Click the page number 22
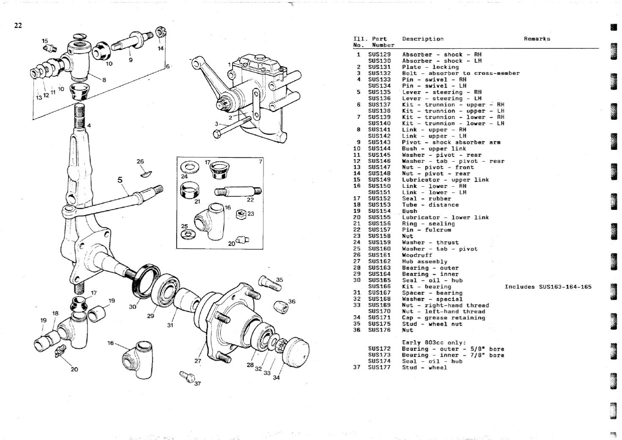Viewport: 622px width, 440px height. [18, 26]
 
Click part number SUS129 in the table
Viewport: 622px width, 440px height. [379, 55]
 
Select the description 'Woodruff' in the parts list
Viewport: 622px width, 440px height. [417, 255]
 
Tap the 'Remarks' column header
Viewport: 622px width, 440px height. [537, 39]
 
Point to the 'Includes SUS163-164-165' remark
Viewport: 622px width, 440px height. [548, 287]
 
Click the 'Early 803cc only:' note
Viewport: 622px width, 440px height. [434, 343]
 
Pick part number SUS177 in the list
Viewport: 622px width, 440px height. [379, 367]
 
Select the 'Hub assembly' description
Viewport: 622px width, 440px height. [425, 261]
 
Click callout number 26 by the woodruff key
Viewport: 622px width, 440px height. [140, 161]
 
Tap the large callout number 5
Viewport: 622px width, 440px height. [120, 180]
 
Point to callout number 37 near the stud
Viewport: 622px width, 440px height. [197, 384]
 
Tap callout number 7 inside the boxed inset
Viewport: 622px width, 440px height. [260, 161]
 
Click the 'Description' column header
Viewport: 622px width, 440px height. [423, 39]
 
